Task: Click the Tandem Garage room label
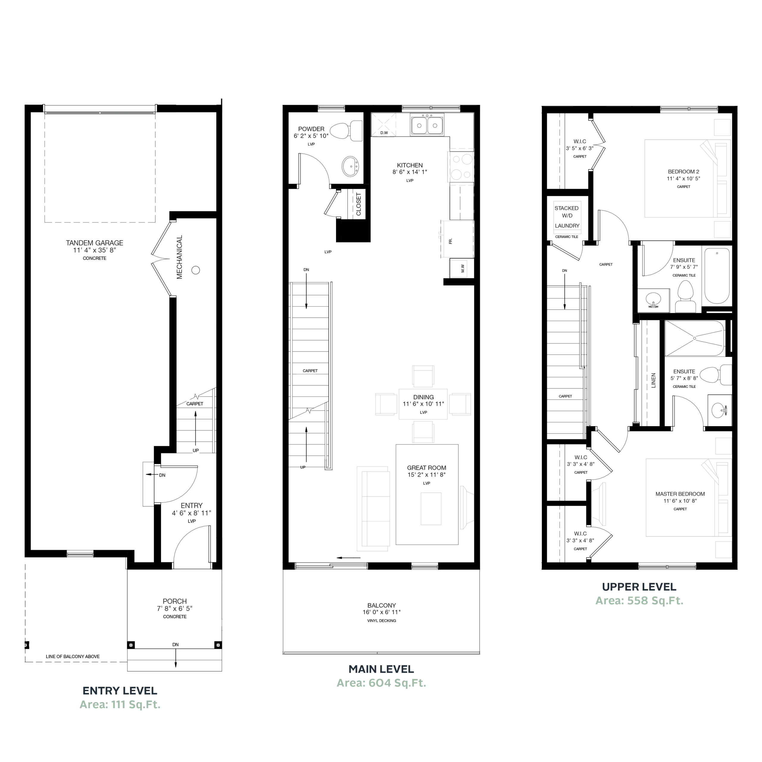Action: (x=95, y=243)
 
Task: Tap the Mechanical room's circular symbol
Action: (x=196, y=270)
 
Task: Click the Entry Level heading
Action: (x=120, y=691)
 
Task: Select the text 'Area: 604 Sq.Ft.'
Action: (x=381, y=683)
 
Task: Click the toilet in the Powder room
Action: (x=346, y=131)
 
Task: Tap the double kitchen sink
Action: (x=427, y=125)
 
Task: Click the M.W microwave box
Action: (x=461, y=268)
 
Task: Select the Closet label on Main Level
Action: (x=358, y=204)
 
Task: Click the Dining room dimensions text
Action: (x=423, y=404)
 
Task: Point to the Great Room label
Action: (x=427, y=468)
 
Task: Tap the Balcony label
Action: (x=381, y=605)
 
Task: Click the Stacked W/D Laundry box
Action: (x=567, y=217)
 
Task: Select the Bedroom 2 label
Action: (x=683, y=171)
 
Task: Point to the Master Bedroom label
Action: (x=680, y=494)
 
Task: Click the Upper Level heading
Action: (x=639, y=587)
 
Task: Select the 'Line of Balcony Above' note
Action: (x=73, y=657)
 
